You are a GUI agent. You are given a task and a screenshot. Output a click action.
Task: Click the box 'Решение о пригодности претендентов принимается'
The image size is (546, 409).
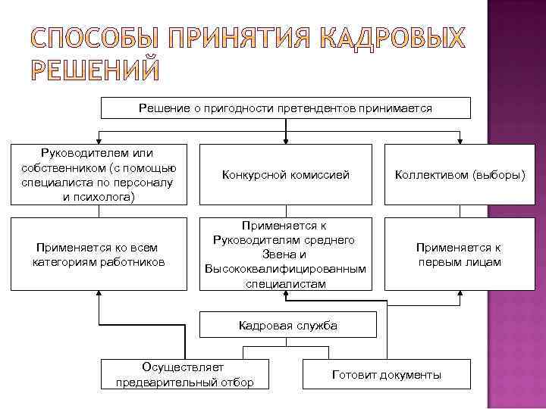pyautogui.click(x=285, y=108)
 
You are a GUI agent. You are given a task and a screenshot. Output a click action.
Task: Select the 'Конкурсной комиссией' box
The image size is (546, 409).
pyautogui.click(x=286, y=175)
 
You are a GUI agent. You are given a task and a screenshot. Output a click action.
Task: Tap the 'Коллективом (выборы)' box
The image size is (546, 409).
pyautogui.click(x=460, y=175)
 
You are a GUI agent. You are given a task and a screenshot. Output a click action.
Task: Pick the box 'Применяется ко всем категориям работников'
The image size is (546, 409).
pyautogui.click(x=99, y=254)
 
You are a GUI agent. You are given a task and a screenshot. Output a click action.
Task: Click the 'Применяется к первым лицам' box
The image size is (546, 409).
pyautogui.click(x=460, y=254)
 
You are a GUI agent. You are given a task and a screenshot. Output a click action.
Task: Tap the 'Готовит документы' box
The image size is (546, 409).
pyautogui.click(x=386, y=375)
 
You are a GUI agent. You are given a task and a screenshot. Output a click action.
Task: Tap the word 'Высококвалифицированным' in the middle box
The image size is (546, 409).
pyautogui.click(x=285, y=269)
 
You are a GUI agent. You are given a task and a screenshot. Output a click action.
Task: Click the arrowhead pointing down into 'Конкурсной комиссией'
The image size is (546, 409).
pyautogui.click(x=286, y=140)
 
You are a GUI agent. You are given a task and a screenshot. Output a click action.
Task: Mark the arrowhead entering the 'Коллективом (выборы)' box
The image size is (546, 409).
pyautogui.click(x=460, y=140)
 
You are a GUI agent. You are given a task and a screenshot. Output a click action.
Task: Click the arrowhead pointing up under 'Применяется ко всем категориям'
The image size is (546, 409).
pyautogui.click(x=99, y=295)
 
